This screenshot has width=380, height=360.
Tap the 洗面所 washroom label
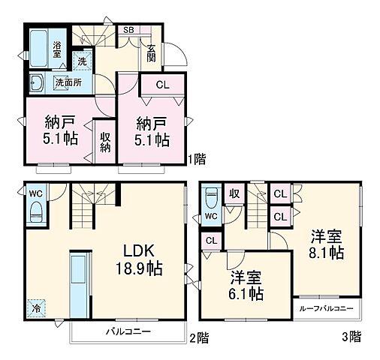tap(68, 82)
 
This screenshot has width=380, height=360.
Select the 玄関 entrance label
tap(151, 52)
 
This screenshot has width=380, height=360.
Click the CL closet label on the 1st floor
tap(162, 85)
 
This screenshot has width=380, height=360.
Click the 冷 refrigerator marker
tap(35, 308)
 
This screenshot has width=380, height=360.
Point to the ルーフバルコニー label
tap(324, 308)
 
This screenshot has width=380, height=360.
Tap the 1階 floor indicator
tap(197, 159)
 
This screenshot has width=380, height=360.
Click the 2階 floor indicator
tap(198, 338)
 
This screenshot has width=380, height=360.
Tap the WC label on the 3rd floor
tap(211, 217)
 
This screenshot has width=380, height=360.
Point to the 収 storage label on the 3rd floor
tap(234, 193)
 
